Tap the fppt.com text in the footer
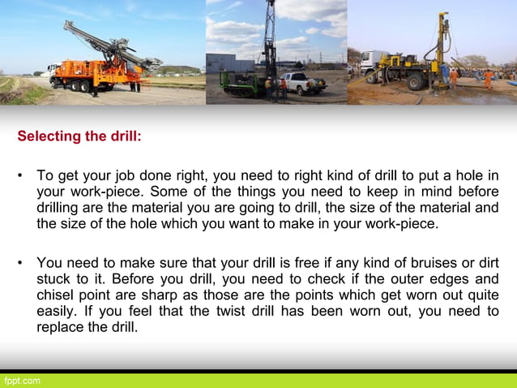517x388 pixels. click(22, 381)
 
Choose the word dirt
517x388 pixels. click(485, 264)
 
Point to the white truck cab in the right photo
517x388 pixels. click(375, 63)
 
